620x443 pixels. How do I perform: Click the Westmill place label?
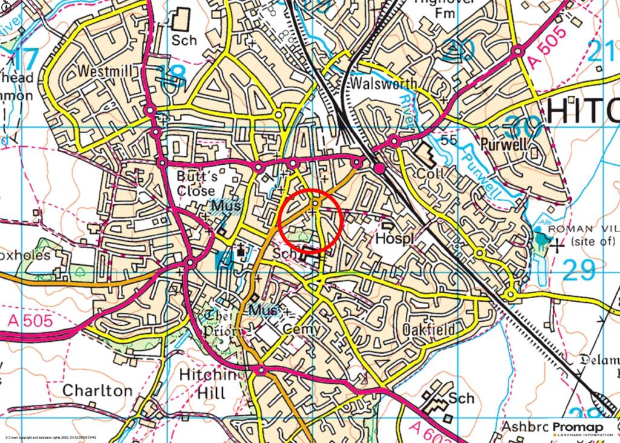105,71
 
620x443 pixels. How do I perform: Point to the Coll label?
430,173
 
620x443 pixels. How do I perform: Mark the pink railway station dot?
380,168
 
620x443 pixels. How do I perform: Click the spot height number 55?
448,141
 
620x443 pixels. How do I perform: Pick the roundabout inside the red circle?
315,204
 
